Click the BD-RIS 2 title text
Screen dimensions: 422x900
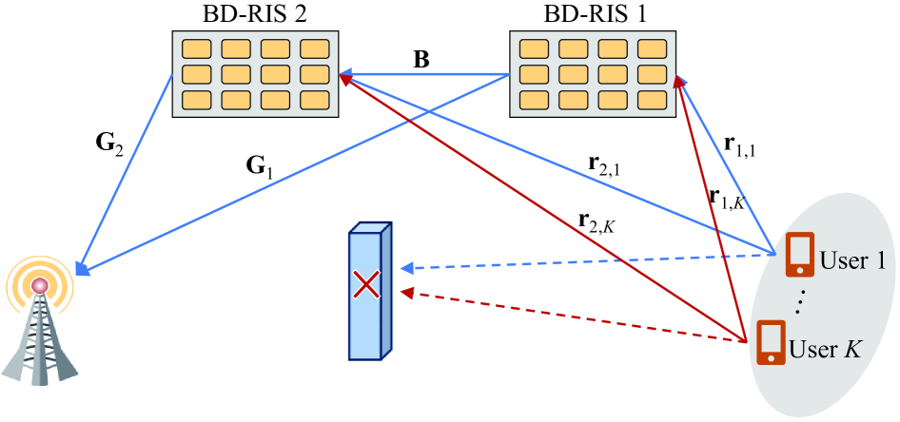(x=251, y=13)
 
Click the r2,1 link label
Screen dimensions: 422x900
(x=605, y=168)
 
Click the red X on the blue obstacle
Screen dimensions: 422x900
(x=365, y=282)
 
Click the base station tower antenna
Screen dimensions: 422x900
(x=39, y=323)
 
